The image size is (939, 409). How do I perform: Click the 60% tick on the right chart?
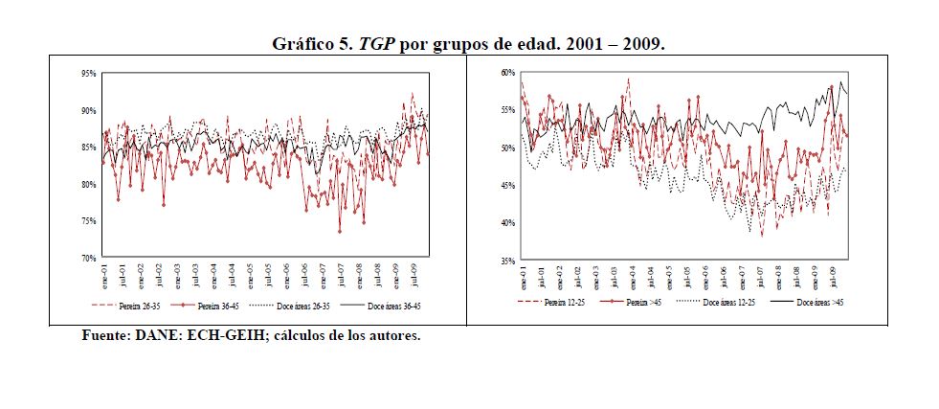pyautogui.click(x=507, y=73)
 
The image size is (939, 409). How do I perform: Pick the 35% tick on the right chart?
pyautogui.click(x=507, y=260)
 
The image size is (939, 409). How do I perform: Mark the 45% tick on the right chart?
pyautogui.click(x=507, y=185)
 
